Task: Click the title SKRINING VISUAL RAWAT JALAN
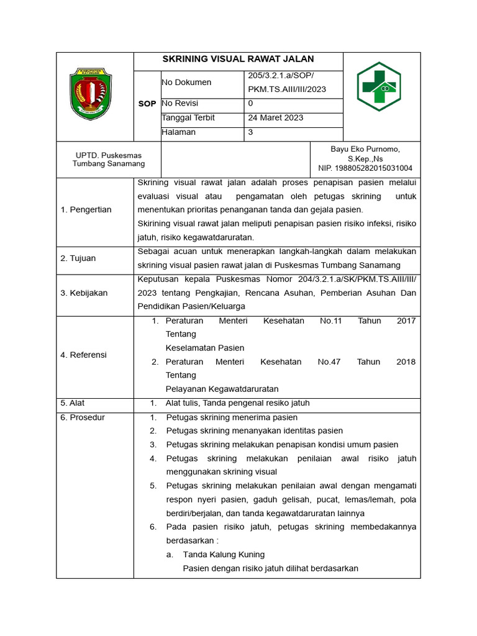pos(238,60)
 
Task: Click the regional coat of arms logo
pos(90,94)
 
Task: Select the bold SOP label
pos(147,104)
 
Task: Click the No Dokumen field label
pos(186,83)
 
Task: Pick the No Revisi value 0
pos(250,104)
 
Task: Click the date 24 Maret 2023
pos(276,118)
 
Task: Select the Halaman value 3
pos(250,132)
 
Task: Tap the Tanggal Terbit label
pos(189,118)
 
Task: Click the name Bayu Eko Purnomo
pos(365,150)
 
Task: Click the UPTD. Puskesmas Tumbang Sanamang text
pos(109,160)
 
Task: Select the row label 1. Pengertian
pos(86,210)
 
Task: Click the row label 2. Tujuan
pos(78,258)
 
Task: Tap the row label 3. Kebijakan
pos(84,293)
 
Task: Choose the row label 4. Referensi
pos(84,355)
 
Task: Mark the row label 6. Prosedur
pos(83,418)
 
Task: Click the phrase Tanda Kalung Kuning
pos(224,555)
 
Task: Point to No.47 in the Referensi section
pos(329,362)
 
